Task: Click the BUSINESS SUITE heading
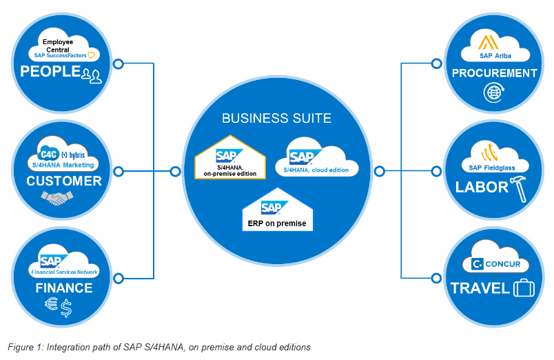pos(276,118)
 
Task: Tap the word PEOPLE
pos(50,71)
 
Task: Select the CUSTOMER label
pos(63,181)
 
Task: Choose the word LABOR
pos(482,187)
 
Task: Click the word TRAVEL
pos(480,288)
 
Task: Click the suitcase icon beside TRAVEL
pos(523,288)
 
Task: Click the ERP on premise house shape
pos(276,212)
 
